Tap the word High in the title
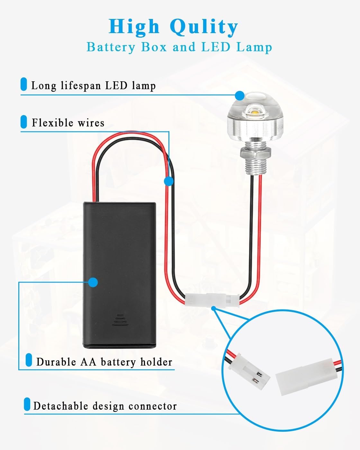(x=134, y=27)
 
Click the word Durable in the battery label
(x=56, y=362)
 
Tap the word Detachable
(x=61, y=406)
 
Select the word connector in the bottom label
(x=153, y=406)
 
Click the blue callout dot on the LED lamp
(x=240, y=96)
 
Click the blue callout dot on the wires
(x=169, y=181)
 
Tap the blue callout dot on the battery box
(x=93, y=283)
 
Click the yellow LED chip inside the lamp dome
(x=255, y=112)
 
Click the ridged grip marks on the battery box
(x=120, y=320)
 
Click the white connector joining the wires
(x=212, y=300)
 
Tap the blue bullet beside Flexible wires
(x=24, y=122)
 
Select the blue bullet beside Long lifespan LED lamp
(x=24, y=84)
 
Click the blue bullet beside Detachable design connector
(x=27, y=404)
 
